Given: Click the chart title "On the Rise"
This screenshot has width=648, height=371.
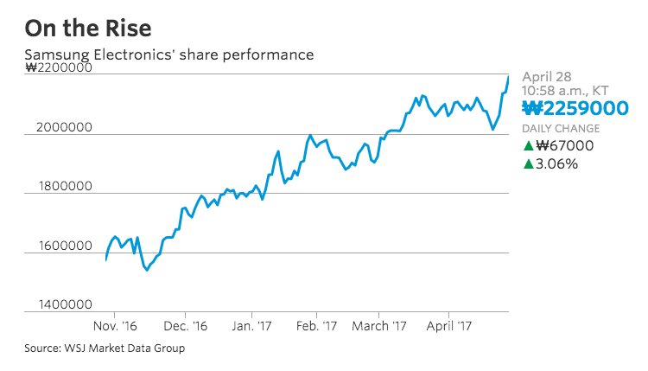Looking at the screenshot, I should [88, 29].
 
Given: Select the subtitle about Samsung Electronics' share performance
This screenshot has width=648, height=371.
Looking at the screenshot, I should [168, 55].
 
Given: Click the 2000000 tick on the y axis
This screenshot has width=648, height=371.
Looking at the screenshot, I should [64, 128].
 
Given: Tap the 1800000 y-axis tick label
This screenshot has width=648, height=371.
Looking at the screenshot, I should [64, 187].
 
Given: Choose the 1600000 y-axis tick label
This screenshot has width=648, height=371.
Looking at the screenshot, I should [64, 247].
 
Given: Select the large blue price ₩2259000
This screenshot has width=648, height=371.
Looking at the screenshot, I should [575, 108].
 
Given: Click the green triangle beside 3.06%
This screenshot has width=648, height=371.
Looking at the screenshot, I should [528, 163].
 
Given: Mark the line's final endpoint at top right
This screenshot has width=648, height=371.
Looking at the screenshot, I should [508, 78].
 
